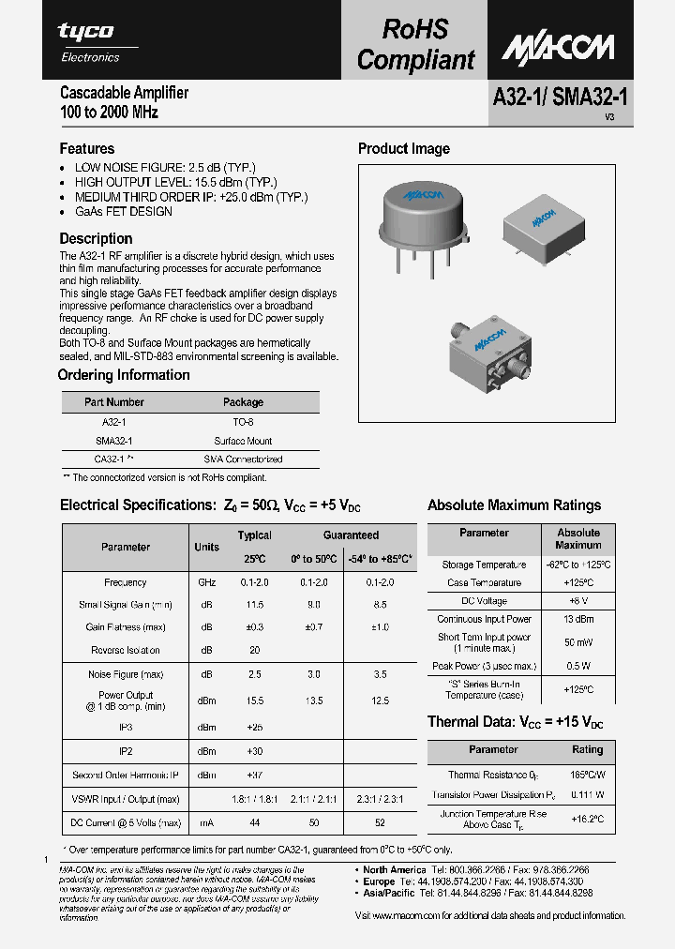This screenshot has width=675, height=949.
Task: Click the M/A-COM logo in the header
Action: (557, 47)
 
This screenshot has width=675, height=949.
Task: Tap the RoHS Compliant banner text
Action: (415, 44)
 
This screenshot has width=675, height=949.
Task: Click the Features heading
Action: (87, 148)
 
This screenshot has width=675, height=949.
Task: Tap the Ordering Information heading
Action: (124, 375)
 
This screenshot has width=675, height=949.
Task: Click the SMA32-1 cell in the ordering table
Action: (114, 441)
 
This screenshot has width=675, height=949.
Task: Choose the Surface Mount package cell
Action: (243, 441)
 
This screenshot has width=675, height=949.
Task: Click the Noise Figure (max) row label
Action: (126, 674)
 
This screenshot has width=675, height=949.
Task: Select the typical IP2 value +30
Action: (254, 751)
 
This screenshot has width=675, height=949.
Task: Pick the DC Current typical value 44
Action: (254, 822)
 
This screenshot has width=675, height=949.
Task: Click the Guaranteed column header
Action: (351, 535)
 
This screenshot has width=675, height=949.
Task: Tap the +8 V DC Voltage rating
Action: (577, 601)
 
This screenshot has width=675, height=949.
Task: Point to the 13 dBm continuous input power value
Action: (577, 619)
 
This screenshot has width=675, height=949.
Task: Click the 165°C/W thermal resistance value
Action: (587, 775)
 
